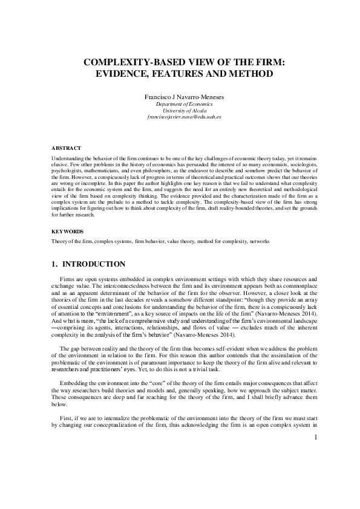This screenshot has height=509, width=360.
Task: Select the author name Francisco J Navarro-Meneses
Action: coord(180,97)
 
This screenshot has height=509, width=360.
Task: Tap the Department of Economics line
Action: coord(180,104)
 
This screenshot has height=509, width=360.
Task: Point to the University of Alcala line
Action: coord(180,110)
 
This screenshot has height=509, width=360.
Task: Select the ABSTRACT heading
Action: coord(62,148)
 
